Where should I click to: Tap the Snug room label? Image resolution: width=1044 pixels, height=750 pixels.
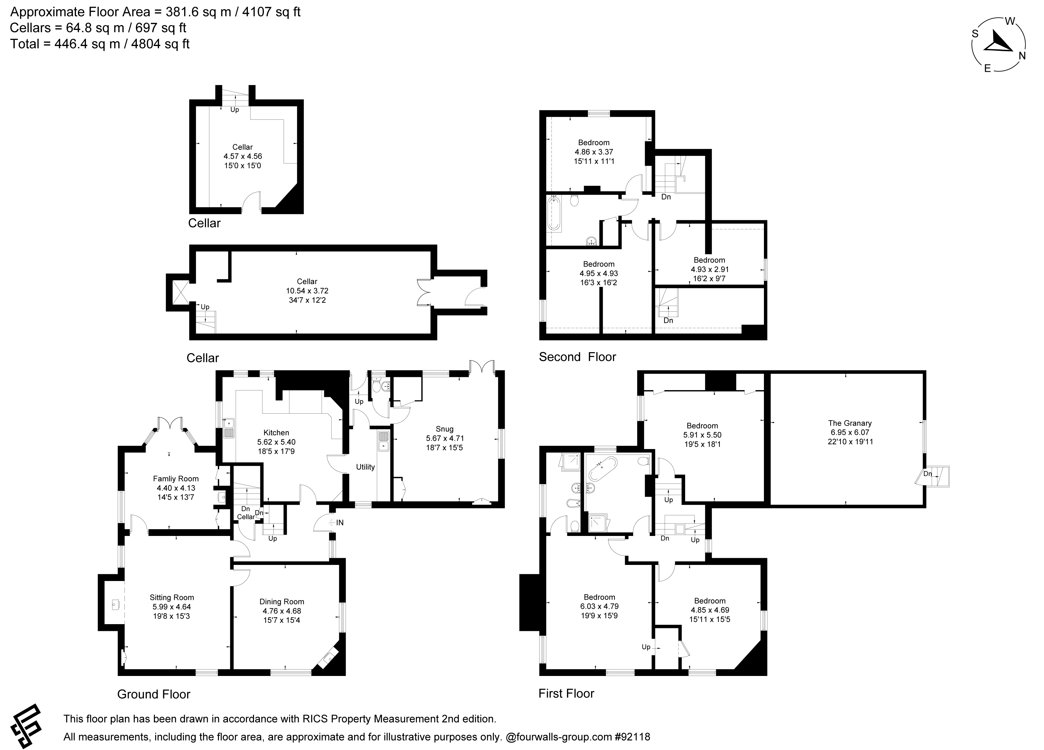point(444,429)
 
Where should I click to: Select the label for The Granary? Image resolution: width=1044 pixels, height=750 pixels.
point(850,423)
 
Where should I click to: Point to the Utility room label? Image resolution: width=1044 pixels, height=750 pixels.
point(365,467)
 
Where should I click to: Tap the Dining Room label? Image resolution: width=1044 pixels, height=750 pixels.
point(282,602)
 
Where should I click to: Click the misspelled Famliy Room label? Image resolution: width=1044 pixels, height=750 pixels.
point(176,479)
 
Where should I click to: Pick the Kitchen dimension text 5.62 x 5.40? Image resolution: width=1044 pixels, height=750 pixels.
point(276,442)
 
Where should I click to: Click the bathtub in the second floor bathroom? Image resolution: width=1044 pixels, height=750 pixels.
point(554,213)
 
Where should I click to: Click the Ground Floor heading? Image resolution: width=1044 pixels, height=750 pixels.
point(154,694)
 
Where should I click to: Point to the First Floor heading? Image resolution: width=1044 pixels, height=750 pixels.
point(566,693)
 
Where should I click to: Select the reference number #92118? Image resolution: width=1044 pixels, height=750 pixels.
point(633,737)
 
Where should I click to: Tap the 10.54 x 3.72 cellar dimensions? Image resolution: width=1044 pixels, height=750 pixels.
point(307,291)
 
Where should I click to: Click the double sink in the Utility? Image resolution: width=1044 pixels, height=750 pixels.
point(383,441)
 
